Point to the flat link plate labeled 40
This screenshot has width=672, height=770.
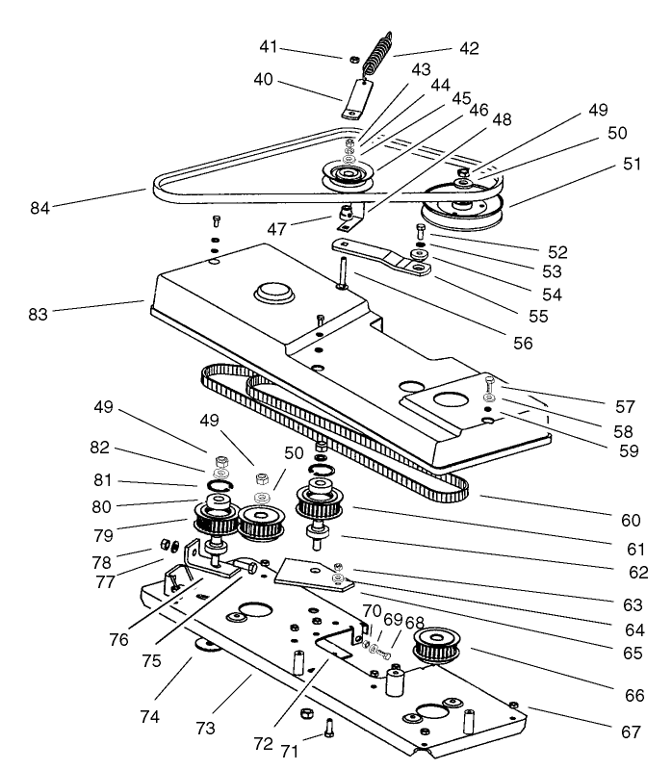(359, 100)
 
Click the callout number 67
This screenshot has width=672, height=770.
(630, 731)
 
